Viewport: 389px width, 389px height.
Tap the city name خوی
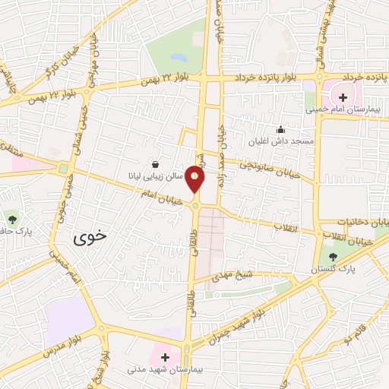coord(91,238)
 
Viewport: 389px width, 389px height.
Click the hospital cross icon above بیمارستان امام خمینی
coord(343,97)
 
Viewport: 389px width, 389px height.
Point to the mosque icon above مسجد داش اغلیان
coord(280,130)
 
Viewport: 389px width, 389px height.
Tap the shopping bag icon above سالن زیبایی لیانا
coord(156,164)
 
